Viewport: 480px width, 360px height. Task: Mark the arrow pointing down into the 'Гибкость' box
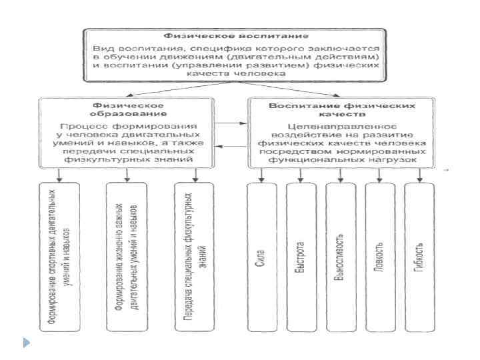point(420,176)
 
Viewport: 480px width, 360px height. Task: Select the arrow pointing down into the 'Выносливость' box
point(340,176)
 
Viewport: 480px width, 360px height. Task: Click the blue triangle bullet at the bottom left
point(26,343)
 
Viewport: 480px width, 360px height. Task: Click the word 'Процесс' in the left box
point(78,126)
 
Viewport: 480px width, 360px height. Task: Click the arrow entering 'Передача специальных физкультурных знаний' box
point(195,176)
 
